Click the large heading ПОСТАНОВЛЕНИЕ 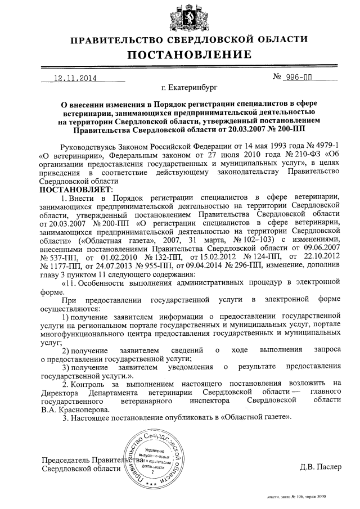(x=187, y=55)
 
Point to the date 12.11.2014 (x=74, y=79)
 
